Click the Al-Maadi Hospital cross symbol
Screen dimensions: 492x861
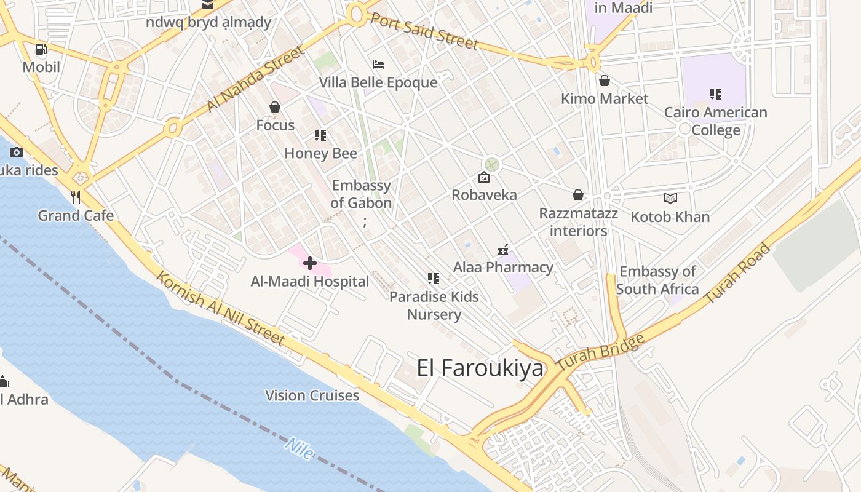310,264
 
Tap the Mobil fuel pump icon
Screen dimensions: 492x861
41,49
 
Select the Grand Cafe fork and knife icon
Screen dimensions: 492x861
76,197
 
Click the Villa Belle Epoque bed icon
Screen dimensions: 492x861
378,65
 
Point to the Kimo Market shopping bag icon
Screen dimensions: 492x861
605,81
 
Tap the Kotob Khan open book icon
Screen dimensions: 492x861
670,199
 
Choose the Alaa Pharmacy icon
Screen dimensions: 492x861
503,250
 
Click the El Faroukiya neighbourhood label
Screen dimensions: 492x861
480,368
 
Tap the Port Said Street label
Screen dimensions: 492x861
424,30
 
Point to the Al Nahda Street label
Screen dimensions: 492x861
255,78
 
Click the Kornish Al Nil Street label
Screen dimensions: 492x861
220,308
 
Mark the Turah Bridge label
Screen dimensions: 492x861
600,352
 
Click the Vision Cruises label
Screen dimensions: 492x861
312,395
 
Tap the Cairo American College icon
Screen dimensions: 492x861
715,94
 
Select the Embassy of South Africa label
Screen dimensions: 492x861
657,280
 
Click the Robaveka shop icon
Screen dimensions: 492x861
484,178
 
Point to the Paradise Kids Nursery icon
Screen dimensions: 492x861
434,279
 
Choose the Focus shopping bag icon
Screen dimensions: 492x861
275,108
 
